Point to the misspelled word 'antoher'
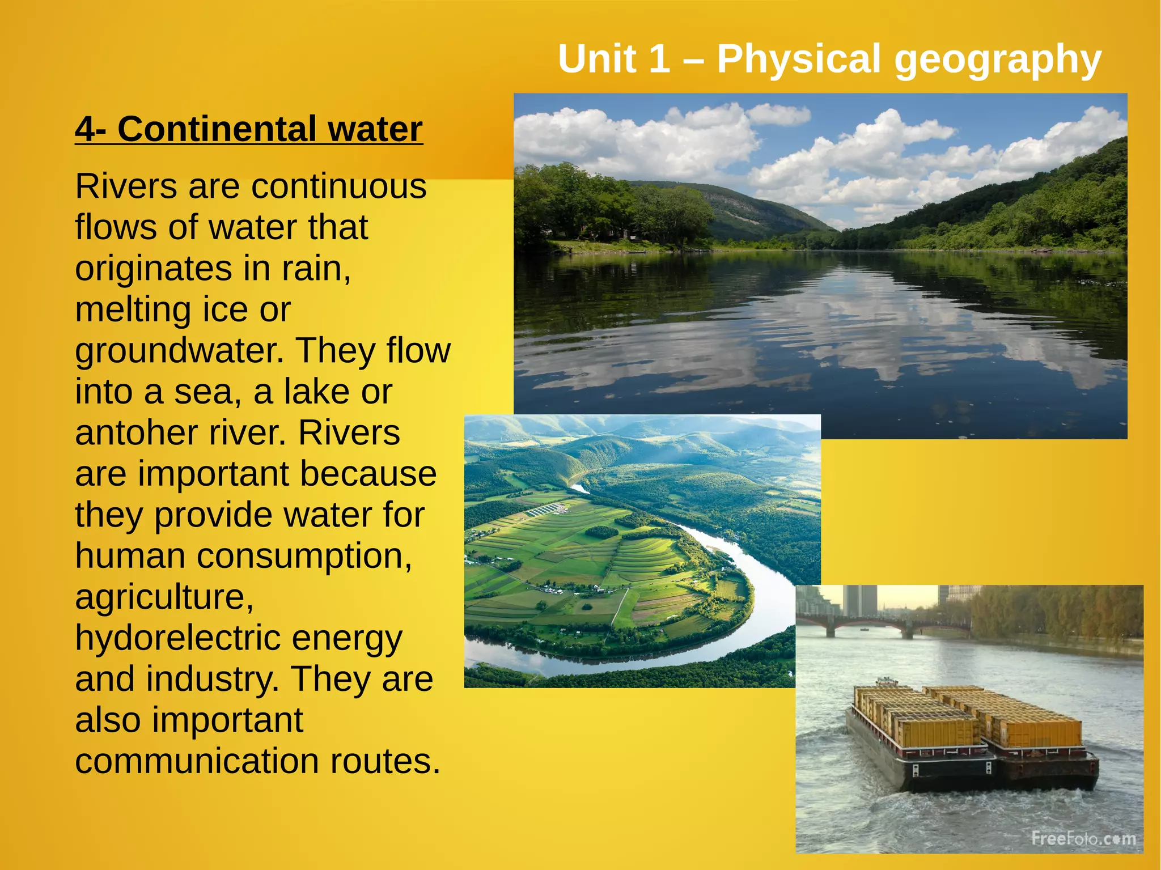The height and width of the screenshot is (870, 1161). coord(136,433)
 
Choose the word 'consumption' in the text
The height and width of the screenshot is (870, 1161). coord(304,557)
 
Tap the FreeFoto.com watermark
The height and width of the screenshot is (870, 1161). coord(1083,838)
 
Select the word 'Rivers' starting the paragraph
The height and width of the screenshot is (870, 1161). coord(126,186)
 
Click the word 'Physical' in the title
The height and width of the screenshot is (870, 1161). coord(799,59)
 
